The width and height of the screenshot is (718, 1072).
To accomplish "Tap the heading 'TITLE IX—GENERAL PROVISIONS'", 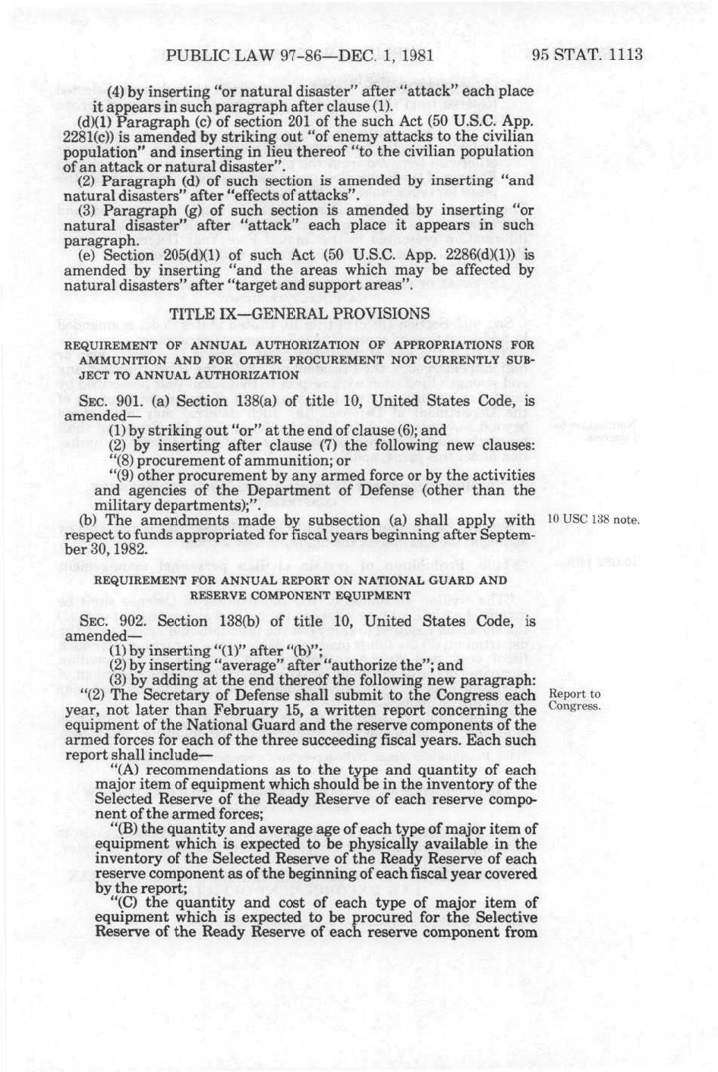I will pyautogui.click(x=299, y=313).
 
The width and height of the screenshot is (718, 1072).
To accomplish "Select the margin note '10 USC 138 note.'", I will pyautogui.click(x=594, y=520).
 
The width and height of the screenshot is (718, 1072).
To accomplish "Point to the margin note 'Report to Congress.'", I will pyautogui.click(x=575, y=700).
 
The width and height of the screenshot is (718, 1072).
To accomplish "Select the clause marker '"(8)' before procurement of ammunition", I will pyautogui.click(x=123, y=461).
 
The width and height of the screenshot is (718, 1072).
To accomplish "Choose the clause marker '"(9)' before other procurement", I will pyautogui.click(x=123, y=476).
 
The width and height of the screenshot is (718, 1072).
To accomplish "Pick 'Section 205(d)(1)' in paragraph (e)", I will pyautogui.click(x=165, y=255).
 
